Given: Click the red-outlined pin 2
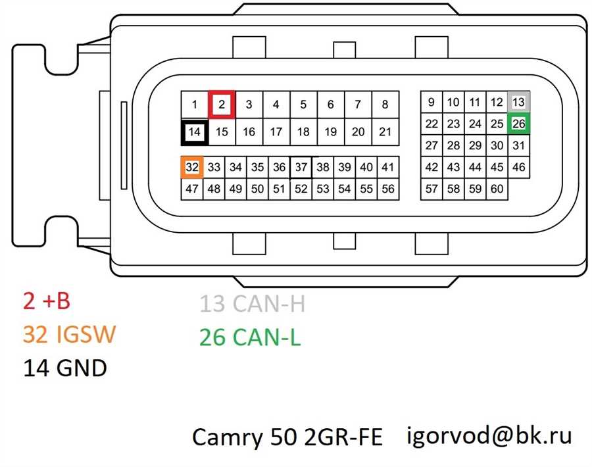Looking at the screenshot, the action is coord(222,104).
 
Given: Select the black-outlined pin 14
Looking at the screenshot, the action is coord(195,132).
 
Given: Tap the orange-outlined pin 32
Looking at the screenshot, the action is coord(192,167).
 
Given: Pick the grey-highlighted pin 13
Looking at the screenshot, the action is coord(519,102).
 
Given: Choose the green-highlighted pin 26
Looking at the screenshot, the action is coord(519,124).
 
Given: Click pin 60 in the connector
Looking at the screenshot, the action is coord(497,189).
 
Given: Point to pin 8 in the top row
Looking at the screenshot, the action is coord(385,105).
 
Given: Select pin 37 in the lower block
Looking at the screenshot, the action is coord(301,167).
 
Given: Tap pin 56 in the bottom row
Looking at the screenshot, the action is coord(388,189).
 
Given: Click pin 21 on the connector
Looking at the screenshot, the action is coord(385,132).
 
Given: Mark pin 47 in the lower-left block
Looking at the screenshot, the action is coord(192,189).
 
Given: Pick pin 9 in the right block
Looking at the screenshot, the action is coord(431,102).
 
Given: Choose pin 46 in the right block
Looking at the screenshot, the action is coord(519,167).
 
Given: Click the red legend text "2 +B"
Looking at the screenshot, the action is coord(47,301).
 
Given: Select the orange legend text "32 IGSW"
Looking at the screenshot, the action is coord(69,334).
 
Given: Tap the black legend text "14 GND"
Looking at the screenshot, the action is coord(65,368).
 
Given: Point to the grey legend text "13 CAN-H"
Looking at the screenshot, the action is coord(252,303).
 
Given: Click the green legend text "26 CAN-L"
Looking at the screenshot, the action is coord(249,337).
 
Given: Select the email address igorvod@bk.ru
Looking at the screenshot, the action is coord(489,436).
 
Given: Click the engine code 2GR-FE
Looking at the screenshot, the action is coord(343,437).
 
